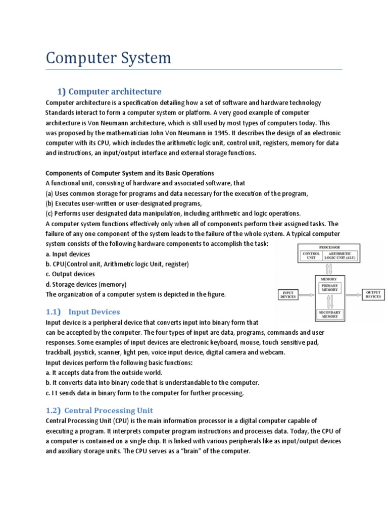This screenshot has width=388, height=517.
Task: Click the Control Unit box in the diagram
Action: tap(311, 256)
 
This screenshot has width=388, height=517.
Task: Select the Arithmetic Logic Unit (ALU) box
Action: tap(339, 256)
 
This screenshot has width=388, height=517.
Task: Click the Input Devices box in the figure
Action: tap(288, 295)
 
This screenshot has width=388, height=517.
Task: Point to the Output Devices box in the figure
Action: tap(373, 294)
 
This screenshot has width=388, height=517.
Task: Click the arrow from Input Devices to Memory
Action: tap(306, 295)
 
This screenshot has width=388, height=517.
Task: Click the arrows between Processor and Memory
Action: tap(329, 269)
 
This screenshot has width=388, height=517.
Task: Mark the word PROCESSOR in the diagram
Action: tap(329, 247)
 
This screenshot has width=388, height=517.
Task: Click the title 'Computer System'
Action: tap(108, 58)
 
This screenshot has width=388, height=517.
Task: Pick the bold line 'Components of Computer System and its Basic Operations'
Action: tap(130, 173)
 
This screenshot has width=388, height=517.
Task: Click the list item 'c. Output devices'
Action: tap(70, 274)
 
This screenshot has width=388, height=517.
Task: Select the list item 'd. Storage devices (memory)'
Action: tap(86, 284)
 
